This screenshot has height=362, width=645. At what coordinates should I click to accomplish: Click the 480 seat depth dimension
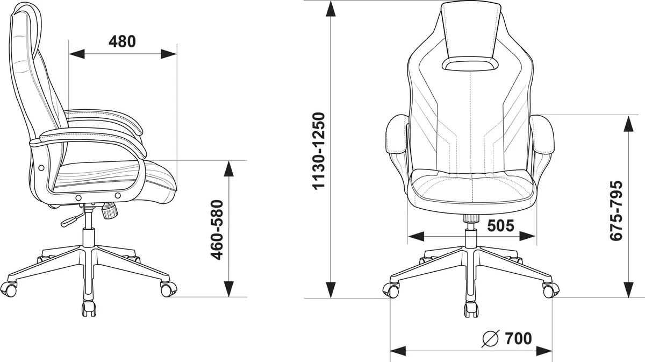[x=122, y=41]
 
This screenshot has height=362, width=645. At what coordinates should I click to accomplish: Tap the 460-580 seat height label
[x=217, y=230]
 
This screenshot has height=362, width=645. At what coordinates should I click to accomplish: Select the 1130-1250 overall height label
[x=319, y=151]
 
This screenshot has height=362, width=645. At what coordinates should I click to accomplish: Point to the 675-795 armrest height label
[x=617, y=210]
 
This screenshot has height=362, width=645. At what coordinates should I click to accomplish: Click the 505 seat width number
[x=500, y=226]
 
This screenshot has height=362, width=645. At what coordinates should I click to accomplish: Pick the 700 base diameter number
[x=518, y=338]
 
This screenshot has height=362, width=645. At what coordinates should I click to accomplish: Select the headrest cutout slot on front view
[x=470, y=63]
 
